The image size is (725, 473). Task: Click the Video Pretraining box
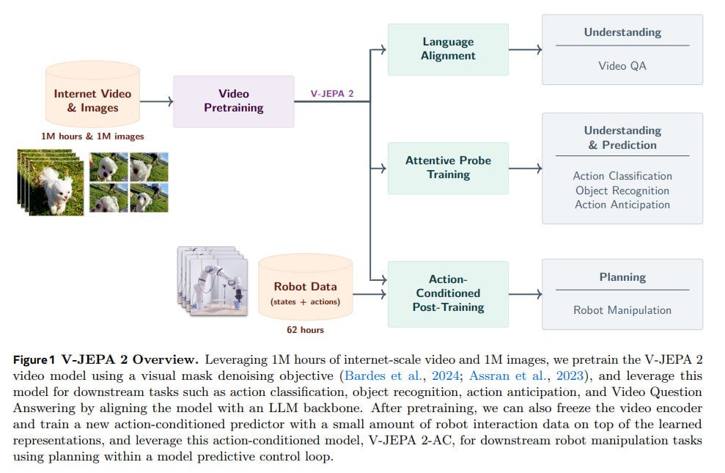(234, 101)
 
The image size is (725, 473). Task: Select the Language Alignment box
(448, 49)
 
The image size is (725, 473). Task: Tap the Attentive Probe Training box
(448, 169)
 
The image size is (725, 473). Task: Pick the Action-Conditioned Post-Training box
(448, 294)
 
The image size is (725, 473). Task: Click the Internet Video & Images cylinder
(92, 95)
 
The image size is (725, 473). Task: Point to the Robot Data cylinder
(305, 287)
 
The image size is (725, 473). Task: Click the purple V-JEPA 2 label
(332, 93)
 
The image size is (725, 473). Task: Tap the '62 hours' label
(305, 330)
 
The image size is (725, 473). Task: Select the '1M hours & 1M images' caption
(92, 136)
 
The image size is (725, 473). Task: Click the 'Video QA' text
(622, 66)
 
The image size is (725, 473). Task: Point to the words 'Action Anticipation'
(622, 205)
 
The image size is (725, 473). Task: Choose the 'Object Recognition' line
(622, 191)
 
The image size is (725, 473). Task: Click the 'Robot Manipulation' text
(622, 309)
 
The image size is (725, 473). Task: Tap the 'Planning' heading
(622, 277)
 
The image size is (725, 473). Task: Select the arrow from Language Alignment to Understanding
(526, 49)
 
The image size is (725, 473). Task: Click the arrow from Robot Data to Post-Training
(369, 294)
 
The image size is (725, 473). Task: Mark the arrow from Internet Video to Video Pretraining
(156, 101)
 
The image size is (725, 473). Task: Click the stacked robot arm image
(213, 281)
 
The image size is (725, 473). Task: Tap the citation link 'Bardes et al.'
(383, 375)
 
